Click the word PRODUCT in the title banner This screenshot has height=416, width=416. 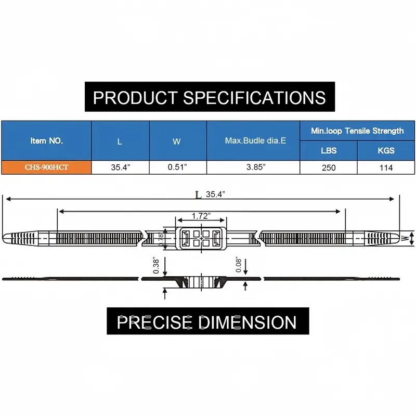click(x=135, y=98)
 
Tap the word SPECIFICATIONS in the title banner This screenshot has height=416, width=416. click(x=254, y=98)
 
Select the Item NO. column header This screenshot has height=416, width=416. click(x=47, y=140)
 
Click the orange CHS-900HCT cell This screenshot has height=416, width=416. click(x=46, y=167)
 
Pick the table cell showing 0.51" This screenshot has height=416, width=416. click(x=177, y=167)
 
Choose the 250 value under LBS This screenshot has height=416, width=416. click(x=329, y=167)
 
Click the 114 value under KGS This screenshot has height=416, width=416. click(x=386, y=167)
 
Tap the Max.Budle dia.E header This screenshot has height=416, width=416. click(x=255, y=140)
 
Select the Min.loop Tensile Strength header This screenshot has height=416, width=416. click(x=357, y=131)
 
